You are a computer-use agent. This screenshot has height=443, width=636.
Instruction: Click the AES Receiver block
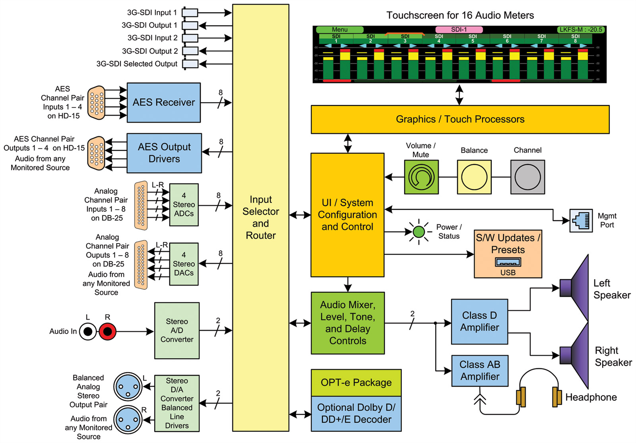click(163, 103)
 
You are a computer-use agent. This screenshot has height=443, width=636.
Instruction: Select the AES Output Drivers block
click(164, 153)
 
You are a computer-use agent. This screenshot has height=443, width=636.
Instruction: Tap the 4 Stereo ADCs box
click(184, 205)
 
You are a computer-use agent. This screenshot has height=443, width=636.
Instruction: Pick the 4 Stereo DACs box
click(184, 264)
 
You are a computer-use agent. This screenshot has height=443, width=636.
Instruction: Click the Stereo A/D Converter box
click(176, 331)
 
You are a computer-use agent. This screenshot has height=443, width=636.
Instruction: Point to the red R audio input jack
click(107, 331)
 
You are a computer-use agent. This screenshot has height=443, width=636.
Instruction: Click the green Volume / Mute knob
click(421, 177)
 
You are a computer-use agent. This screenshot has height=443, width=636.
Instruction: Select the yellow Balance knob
click(474, 177)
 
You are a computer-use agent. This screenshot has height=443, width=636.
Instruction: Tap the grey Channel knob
click(527, 177)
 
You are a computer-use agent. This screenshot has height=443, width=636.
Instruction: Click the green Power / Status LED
click(419, 232)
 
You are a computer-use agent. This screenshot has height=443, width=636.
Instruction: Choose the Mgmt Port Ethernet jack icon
click(581, 220)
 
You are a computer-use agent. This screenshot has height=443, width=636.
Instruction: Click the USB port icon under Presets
click(508, 263)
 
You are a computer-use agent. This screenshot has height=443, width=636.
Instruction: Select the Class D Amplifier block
click(479, 321)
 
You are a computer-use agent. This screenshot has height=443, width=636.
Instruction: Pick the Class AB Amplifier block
click(480, 371)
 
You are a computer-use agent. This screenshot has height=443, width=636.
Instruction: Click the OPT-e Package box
click(356, 383)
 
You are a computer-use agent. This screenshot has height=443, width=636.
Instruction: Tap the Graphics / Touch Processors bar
click(460, 119)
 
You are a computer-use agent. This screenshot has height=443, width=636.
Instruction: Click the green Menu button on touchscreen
click(339, 30)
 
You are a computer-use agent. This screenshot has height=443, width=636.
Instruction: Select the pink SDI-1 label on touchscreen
click(459, 30)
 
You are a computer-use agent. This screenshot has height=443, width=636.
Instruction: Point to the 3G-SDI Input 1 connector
click(190, 13)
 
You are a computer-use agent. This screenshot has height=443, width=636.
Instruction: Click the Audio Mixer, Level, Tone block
click(347, 323)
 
